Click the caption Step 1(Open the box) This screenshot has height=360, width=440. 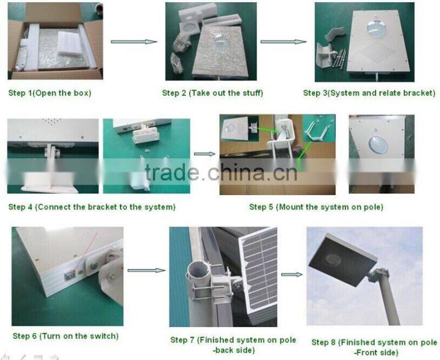tap(50, 93)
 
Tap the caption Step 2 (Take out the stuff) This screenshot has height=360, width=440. tap(213, 93)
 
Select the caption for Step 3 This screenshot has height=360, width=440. tap(369, 93)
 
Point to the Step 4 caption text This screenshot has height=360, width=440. tap(92, 207)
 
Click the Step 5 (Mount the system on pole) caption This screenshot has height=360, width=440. tap(316, 207)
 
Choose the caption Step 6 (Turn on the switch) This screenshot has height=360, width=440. tap(65, 336)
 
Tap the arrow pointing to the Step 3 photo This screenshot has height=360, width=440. tap(283, 42)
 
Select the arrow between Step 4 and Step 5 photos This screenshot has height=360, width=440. tap(205, 155)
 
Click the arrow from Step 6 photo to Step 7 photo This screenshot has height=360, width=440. tap(146, 270)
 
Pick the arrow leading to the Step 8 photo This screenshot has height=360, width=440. tap(292, 274)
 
